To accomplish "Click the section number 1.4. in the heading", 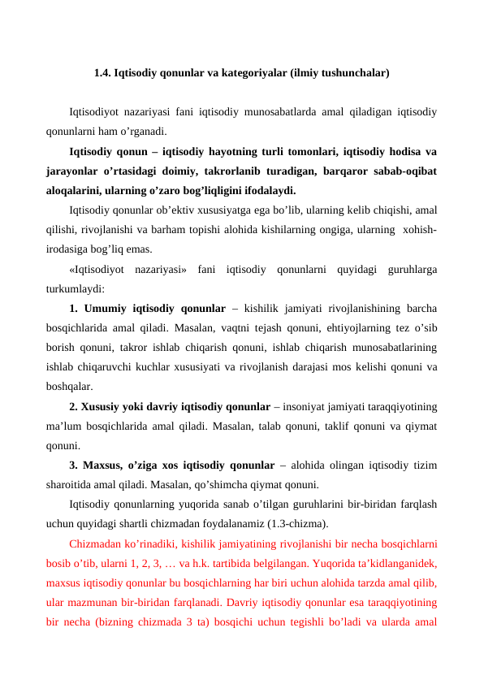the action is tap(102, 73).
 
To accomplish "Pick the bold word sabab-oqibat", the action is tap(405, 171).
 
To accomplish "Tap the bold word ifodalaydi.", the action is tap(268, 192).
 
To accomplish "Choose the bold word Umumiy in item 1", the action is tap(110, 309).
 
